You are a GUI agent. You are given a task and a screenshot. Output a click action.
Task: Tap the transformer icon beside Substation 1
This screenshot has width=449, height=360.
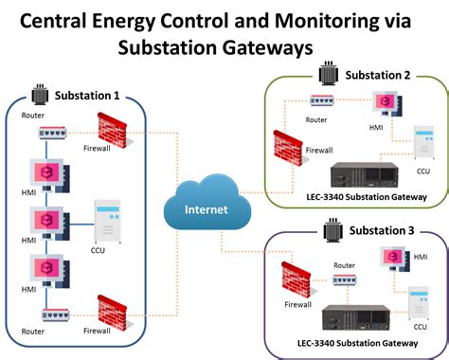(x=40, y=96)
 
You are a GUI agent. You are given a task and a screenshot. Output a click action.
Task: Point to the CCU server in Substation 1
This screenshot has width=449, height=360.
(x=106, y=220)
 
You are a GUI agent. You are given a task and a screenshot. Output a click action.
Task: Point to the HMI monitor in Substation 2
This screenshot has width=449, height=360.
(x=386, y=103)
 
